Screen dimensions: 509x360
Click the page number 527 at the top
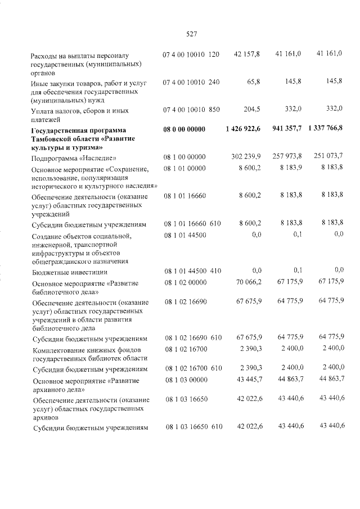pyautogui.click(x=191, y=34)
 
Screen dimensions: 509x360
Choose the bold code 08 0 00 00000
pyautogui.click(x=184, y=129)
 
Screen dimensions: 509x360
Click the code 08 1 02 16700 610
pyautogui.click(x=193, y=368)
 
